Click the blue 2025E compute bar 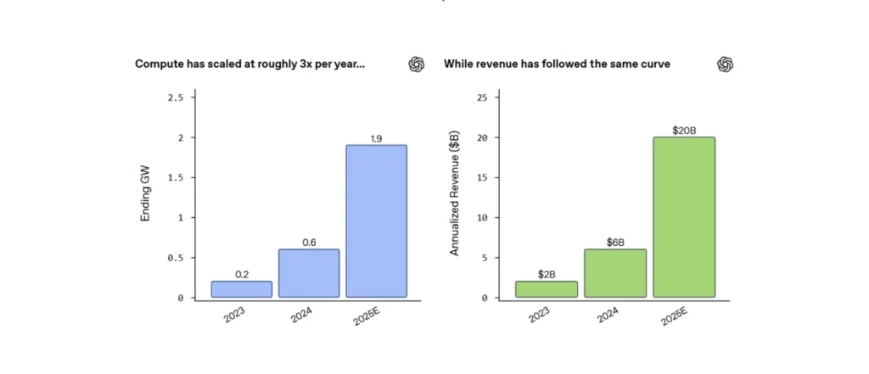[377, 220]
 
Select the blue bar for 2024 [310, 273]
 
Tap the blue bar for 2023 [242, 289]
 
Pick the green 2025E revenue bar [684, 217]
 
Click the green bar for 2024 [615, 273]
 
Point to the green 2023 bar [547, 289]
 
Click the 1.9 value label [377, 138]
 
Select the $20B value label [684, 131]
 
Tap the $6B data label [615, 243]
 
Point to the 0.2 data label [242, 275]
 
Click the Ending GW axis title [145, 198]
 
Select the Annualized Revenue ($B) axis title [455, 193]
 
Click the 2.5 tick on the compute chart [175, 98]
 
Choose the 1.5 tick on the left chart [175, 178]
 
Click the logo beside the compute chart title [417, 64]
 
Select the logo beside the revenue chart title [725, 64]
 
